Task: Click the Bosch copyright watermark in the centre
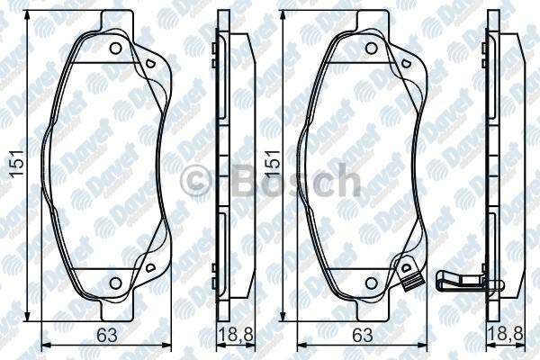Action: point(270,182)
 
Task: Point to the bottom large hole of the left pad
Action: point(115,284)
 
